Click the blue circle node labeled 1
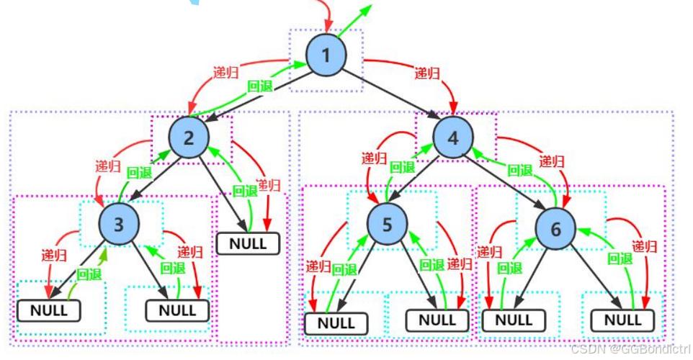click(x=326, y=55)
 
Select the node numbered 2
click(x=189, y=138)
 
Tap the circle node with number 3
click(x=119, y=224)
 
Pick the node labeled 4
click(x=453, y=138)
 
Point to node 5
click(x=387, y=224)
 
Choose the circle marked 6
click(x=555, y=228)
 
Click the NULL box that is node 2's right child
click(x=248, y=243)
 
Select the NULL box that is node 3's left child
click(x=49, y=310)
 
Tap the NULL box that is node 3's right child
click(x=178, y=310)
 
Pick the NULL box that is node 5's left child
click(x=336, y=323)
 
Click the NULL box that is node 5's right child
click(x=437, y=320)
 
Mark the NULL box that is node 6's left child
click(x=514, y=320)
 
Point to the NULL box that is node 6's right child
click(x=622, y=320)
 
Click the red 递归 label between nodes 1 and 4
click(x=427, y=73)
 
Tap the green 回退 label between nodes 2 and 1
click(x=260, y=86)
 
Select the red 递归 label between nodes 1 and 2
click(x=226, y=72)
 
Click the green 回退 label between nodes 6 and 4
click(x=519, y=170)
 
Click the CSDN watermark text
click(x=630, y=349)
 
